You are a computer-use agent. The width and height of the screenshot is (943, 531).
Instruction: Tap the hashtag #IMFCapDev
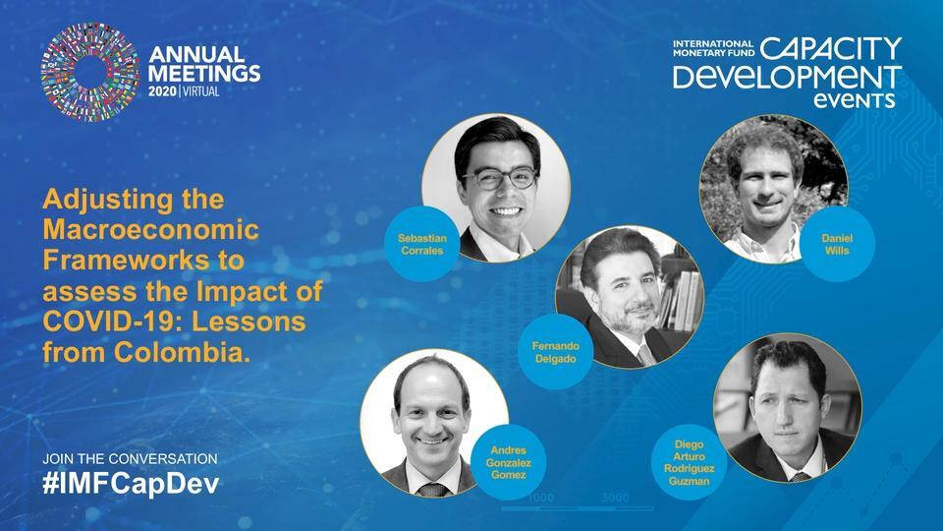132,484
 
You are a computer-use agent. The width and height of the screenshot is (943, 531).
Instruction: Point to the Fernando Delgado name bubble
555,352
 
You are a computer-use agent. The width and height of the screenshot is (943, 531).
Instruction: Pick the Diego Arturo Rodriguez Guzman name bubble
689,461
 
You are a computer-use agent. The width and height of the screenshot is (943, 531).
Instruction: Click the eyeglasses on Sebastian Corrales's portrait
500,179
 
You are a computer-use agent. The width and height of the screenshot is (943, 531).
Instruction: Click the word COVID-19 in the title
110,323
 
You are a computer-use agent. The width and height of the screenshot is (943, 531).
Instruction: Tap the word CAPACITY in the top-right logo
831,49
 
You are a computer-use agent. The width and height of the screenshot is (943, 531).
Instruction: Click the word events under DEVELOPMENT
860,100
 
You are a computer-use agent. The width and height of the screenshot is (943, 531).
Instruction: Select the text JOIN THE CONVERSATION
131,459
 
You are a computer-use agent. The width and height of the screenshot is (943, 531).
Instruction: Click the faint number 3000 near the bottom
615,499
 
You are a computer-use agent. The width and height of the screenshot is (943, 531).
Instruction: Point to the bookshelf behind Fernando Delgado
689,295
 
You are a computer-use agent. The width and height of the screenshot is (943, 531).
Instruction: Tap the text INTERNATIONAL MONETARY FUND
713,49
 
